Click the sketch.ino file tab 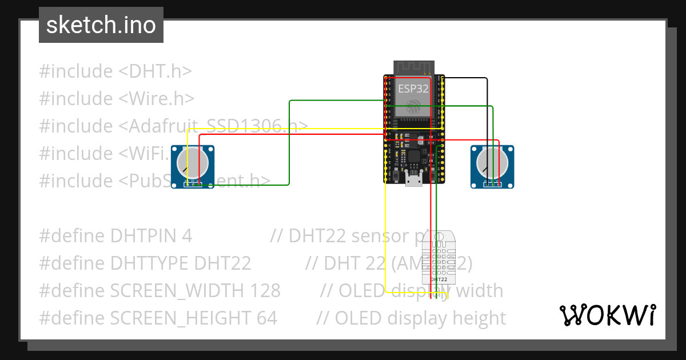[101, 25]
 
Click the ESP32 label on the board [413, 89]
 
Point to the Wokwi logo [607, 315]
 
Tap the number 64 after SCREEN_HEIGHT [266, 318]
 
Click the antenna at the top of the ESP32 [413, 67]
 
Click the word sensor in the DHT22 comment [378, 236]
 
